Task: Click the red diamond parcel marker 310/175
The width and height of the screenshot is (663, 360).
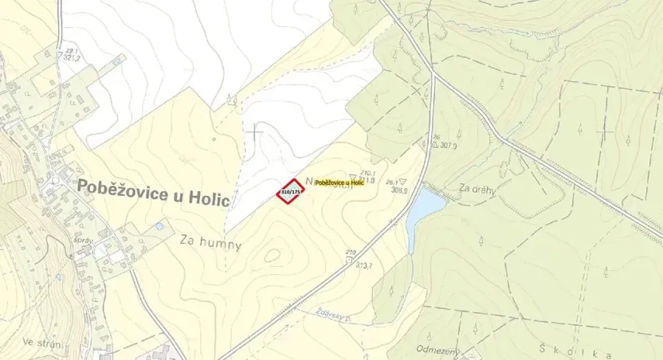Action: (x=290, y=191)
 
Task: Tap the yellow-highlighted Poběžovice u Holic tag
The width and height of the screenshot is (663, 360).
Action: (x=339, y=183)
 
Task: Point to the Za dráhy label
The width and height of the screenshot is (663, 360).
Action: (x=477, y=188)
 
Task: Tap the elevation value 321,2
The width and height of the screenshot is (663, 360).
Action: (x=73, y=58)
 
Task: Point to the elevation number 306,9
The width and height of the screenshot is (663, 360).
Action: (x=399, y=190)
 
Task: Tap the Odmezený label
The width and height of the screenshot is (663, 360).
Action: (x=436, y=349)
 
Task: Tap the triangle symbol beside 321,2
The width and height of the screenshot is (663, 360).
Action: (x=59, y=56)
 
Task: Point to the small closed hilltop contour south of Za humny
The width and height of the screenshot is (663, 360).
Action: (x=273, y=256)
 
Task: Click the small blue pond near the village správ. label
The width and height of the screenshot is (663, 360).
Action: (x=159, y=227)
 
